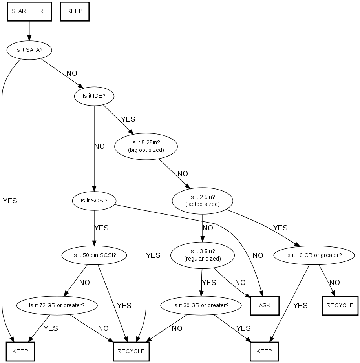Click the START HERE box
pyautogui.click(x=29, y=11)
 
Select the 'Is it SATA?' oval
pyautogui.click(x=29, y=50)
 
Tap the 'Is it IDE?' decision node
pyautogui.click(x=94, y=95)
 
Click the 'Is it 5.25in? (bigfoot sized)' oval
pyautogui.click(x=146, y=146)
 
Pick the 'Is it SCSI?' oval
pyautogui.click(x=94, y=201)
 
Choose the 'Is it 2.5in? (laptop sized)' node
pyautogui.click(x=202, y=201)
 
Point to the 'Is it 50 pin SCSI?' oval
pyautogui.click(x=94, y=255)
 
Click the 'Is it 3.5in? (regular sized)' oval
pyautogui.click(x=202, y=255)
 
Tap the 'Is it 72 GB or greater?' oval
pyautogui.click(x=57, y=305)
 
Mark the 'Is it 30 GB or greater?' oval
pyautogui.click(x=201, y=305)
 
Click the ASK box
pyautogui.click(x=265, y=305)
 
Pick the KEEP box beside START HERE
pyautogui.click(x=75, y=11)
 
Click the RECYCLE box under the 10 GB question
pyautogui.click(x=340, y=305)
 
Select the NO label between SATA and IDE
pyautogui.click(x=72, y=73)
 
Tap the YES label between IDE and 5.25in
pyautogui.click(x=128, y=119)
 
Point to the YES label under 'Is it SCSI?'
pyautogui.click(x=101, y=228)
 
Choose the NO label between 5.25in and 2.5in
pyautogui.click(x=183, y=174)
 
